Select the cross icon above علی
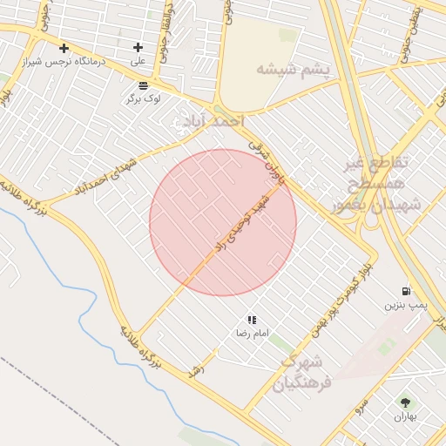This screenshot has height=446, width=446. pyautogui.click(x=138, y=47)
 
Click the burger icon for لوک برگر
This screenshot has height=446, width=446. pyautogui.click(x=143, y=84)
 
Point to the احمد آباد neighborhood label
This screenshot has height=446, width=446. pyautogui.click(x=206, y=122)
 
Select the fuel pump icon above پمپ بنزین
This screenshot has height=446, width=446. pyautogui.click(x=406, y=291)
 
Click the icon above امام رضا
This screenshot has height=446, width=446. pyautogui.click(x=253, y=320)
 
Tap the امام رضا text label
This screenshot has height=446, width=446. pyautogui.click(x=253, y=334)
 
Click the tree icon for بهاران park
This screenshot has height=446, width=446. pyautogui.click(x=405, y=402)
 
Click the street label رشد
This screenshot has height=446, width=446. pyautogui.click(x=196, y=369)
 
